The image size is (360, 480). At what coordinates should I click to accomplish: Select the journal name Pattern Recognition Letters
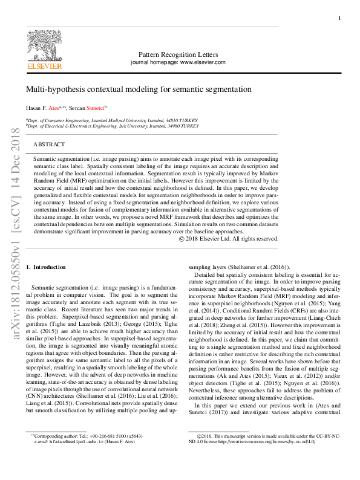pyautogui.click(x=177, y=54)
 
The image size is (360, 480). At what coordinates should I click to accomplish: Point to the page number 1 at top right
pyautogui.click(x=339, y=19)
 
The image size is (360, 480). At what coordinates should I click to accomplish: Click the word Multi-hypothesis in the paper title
pyautogui.click(x=53, y=89)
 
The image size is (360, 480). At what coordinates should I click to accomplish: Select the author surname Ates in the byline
pyautogui.click(x=54, y=108)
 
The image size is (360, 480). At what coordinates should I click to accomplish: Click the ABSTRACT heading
pyautogui.click(x=49, y=145)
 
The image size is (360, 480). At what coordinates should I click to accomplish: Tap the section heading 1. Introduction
pyautogui.click(x=50, y=267)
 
